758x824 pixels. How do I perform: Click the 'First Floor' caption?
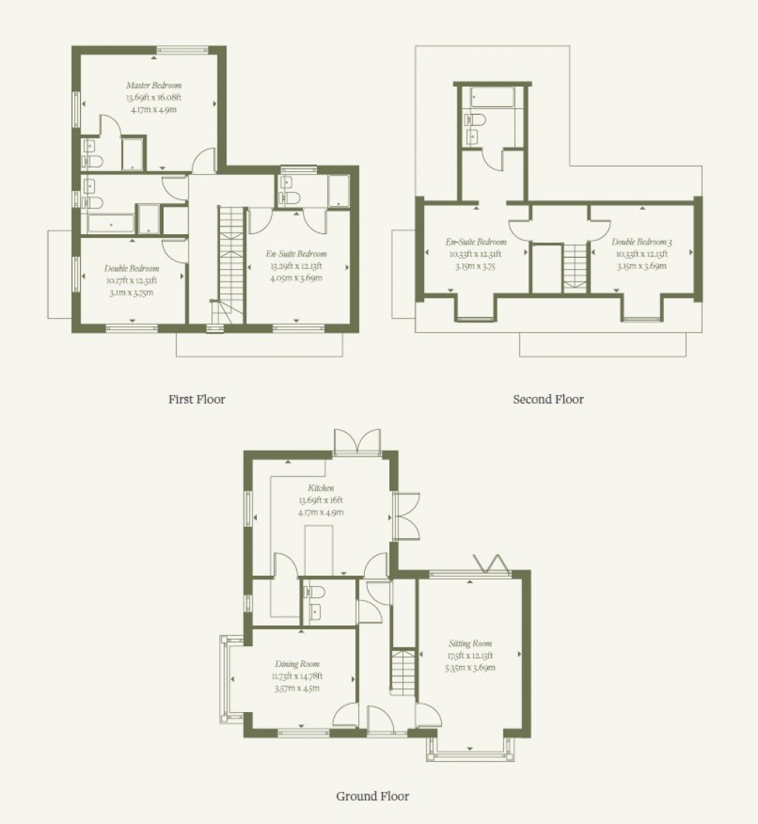[x=196, y=399]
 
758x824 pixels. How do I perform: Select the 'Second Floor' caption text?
[x=548, y=399]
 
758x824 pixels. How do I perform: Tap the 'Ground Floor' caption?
[x=372, y=797]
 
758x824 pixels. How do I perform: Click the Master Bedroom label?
[x=153, y=85]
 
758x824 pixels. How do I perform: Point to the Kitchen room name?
[x=321, y=488]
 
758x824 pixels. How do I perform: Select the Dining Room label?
[x=298, y=664]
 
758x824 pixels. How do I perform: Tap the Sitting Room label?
[x=470, y=644]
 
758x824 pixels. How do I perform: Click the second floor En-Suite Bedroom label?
[x=477, y=242]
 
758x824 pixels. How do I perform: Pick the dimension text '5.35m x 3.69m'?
[x=470, y=668]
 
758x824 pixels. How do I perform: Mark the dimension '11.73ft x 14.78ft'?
[x=298, y=676]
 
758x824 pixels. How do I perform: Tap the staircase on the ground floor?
[x=401, y=675]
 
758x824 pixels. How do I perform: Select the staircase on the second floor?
[x=574, y=265]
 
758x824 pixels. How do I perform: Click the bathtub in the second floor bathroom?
[x=492, y=97]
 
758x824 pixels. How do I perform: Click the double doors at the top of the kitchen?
[x=358, y=442]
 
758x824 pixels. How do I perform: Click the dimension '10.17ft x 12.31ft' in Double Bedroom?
[x=131, y=280]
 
